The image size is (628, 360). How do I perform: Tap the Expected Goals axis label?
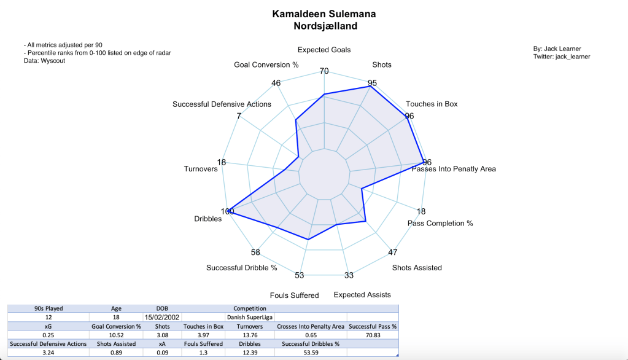pyautogui.click(x=324, y=50)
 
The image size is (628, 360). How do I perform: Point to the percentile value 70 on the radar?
pyautogui.click(x=324, y=71)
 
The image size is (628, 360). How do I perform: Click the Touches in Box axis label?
pyautogui.click(x=432, y=104)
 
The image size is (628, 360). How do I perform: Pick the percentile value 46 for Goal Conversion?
pyautogui.click(x=276, y=84)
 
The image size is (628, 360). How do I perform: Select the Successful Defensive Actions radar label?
pyautogui.click(x=222, y=104)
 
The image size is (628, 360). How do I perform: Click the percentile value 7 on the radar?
pyautogui.click(x=238, y=116)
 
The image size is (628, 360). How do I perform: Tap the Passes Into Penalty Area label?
pyautogui.click(x=454, y=169)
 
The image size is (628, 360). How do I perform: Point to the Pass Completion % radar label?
pyautogui.click(x=440, y=223)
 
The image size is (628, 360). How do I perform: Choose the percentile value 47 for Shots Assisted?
pyautogui.click(x=393, y=252)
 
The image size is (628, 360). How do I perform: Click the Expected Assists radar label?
pyautogui.click(x=362, y=295)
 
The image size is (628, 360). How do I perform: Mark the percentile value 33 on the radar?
pyautogui.click(x=349, y=275)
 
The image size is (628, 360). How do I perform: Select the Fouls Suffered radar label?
pyautogui.click(x=295, y=295)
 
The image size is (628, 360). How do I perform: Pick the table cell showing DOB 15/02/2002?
pyautogui.click(x=161, y=317)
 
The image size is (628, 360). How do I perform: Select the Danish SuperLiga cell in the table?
pyautogui.click(x=249, y=317)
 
